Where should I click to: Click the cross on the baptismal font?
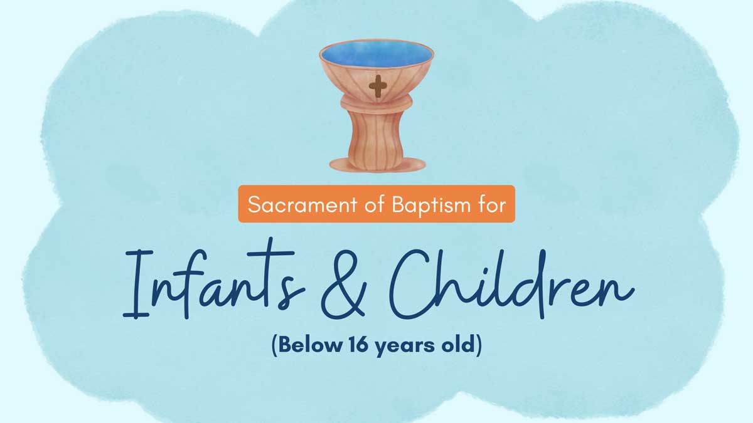[377, 86]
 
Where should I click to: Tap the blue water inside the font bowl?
[376, 55]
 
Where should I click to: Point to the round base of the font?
[377, 165]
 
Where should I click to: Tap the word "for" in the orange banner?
[491, 204]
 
